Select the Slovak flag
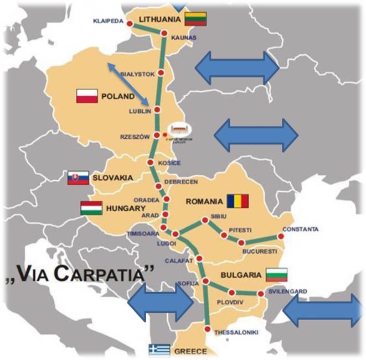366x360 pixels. point(78,178)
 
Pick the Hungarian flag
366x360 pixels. point(90,208)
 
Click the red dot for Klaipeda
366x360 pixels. point(130,24)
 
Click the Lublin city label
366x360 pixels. point(138,111)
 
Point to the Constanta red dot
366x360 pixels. point(281,237)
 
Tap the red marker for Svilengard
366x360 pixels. point(260,294)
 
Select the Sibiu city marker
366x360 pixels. point(205,220)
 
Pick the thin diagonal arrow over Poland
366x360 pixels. point(128,84)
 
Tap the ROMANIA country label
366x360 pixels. point(205,201)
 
